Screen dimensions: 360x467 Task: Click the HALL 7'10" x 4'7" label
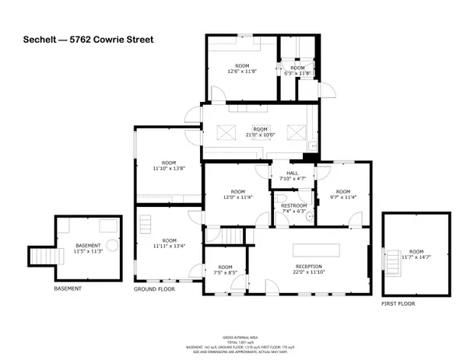[292, 177]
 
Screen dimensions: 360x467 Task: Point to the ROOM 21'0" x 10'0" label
[260, 131]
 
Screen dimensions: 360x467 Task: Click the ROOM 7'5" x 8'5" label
[225, 270]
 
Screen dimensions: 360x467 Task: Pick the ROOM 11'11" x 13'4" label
[169, 244]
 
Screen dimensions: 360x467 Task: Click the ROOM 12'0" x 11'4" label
[237, 194]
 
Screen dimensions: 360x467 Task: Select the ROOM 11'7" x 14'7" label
[416, 254]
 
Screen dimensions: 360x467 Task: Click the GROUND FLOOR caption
[153, 288]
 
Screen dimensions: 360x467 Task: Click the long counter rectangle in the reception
[317, 250]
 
